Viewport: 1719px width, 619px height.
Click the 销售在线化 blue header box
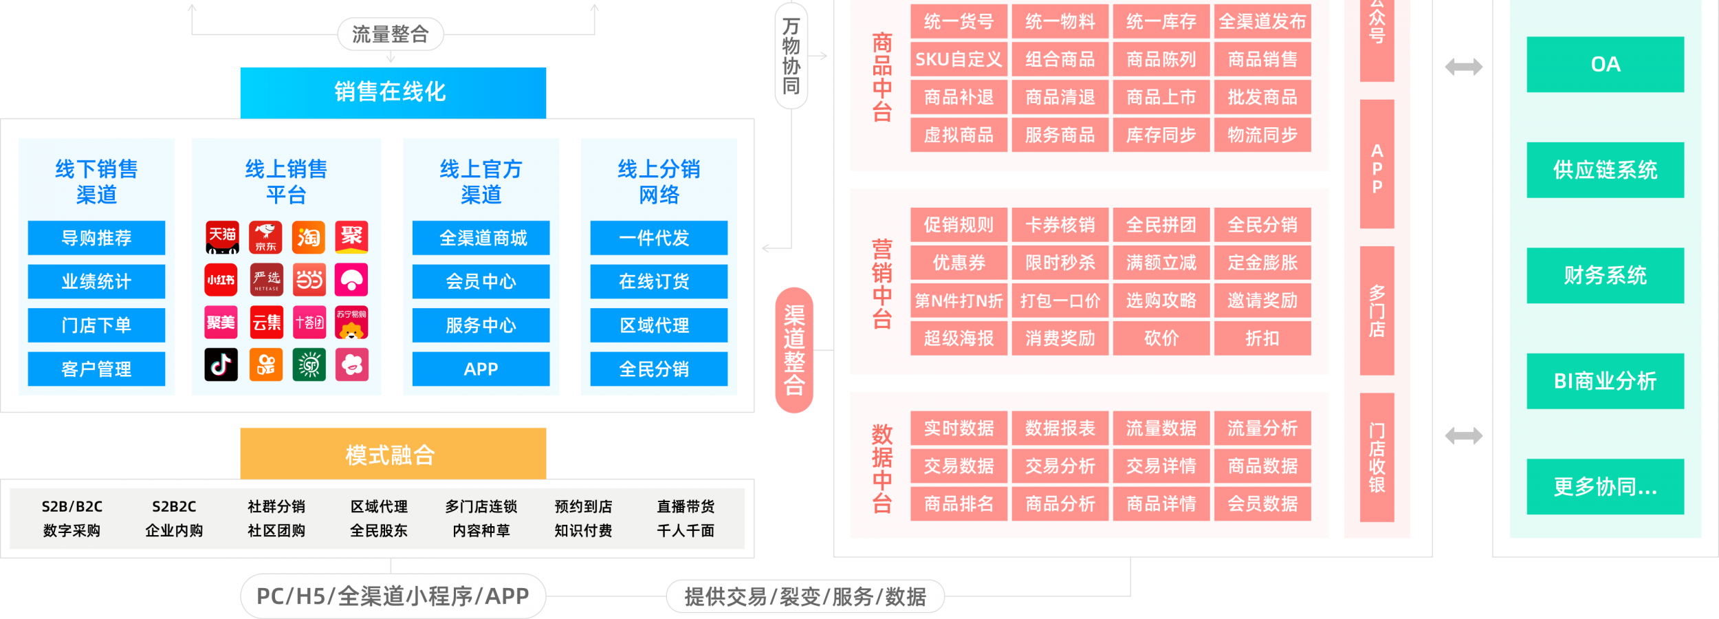click(x=393, y=92)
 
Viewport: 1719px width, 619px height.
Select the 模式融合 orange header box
click(x=393, y=454)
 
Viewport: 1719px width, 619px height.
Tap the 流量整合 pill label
click(x=390, y=34)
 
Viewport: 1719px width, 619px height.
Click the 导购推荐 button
click(x=96, y=238)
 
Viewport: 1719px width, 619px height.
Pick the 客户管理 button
click(x=96, y=369)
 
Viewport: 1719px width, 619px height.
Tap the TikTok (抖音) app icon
click(x=221, y=365)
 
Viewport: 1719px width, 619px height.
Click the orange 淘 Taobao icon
click(x=309, y=238)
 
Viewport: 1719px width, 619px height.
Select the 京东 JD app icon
click(x=265, y=238)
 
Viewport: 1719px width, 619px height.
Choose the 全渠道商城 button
click(x=481, y=238)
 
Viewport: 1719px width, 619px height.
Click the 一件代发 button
click(x=658, y=238)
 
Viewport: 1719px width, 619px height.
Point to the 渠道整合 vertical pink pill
click(x=794, y=350)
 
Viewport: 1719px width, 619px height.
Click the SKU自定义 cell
click(x=959, y=60)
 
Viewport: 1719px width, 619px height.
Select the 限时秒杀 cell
click(x=1060, y=263)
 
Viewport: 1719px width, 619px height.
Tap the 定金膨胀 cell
click(x=1262, y=263)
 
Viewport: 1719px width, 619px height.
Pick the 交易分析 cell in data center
click(x=1060, y=466)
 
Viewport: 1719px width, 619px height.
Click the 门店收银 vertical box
click(x=1377, y=457)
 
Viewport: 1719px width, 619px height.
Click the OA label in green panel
click(x=1605, y=65)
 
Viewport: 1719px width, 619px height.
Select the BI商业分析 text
click(x=1605, y=381)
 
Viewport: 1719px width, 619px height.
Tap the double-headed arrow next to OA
click(x=1463, y=67)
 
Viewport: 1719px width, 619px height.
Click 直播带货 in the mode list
click(x=686, y=507)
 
